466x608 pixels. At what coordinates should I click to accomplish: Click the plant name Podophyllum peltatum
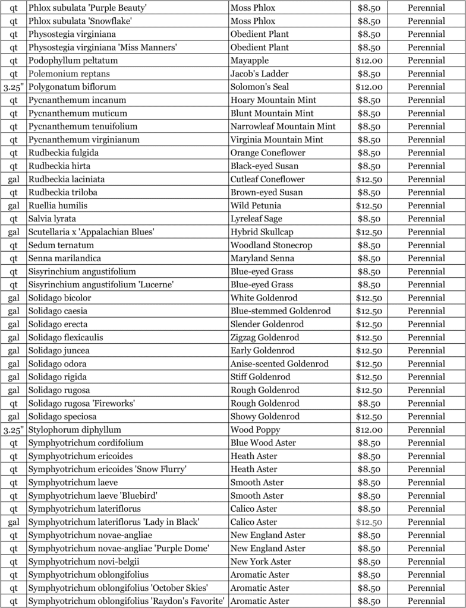click(73, 61)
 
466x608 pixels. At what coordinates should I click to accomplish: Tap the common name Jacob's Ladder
click(260, 74)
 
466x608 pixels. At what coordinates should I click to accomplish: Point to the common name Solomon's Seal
click(260, 87)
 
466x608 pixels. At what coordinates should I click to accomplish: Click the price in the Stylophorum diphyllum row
click(369, 430)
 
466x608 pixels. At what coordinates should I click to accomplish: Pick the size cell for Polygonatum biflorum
click(13, 87)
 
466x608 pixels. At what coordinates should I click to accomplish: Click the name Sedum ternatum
click(61, 245)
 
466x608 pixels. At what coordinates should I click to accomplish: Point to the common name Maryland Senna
click(257, 258)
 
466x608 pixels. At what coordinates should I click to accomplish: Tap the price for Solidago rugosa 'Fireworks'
click(369, 403)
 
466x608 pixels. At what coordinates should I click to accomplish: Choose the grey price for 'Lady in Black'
click(369, 522)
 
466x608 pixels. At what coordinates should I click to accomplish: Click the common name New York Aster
click(261, 562)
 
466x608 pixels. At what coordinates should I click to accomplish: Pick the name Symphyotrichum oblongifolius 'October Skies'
click(118, 588)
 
